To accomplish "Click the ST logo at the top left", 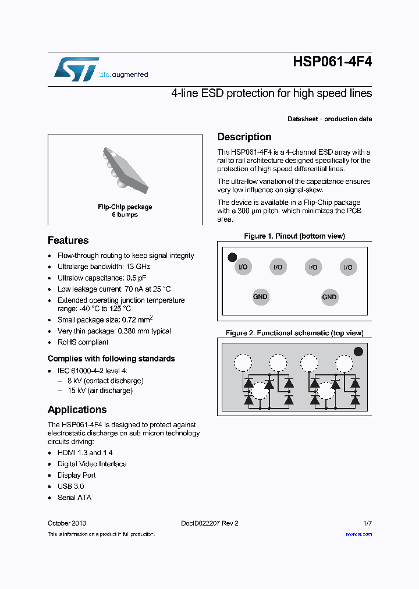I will point(76,69).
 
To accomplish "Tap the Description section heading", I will point(244,137).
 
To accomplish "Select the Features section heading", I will point(68,240).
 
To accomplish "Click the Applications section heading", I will point(77,410).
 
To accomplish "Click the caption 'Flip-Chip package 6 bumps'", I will point(125,211).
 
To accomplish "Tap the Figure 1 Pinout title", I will point(294,236).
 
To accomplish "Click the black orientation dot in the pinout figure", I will point(232,257).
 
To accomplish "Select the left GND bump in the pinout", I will point(260,297).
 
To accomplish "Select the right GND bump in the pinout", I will point(329,297).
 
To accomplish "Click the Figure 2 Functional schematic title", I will point(294,333).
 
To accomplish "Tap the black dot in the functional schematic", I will point(358,352).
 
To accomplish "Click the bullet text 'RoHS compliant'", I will point(83,342).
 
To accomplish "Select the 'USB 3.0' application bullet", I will point(70,487).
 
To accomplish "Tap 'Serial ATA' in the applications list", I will point(74,498).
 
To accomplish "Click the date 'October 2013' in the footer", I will point(67,523).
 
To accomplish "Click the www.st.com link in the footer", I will point(358,534).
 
